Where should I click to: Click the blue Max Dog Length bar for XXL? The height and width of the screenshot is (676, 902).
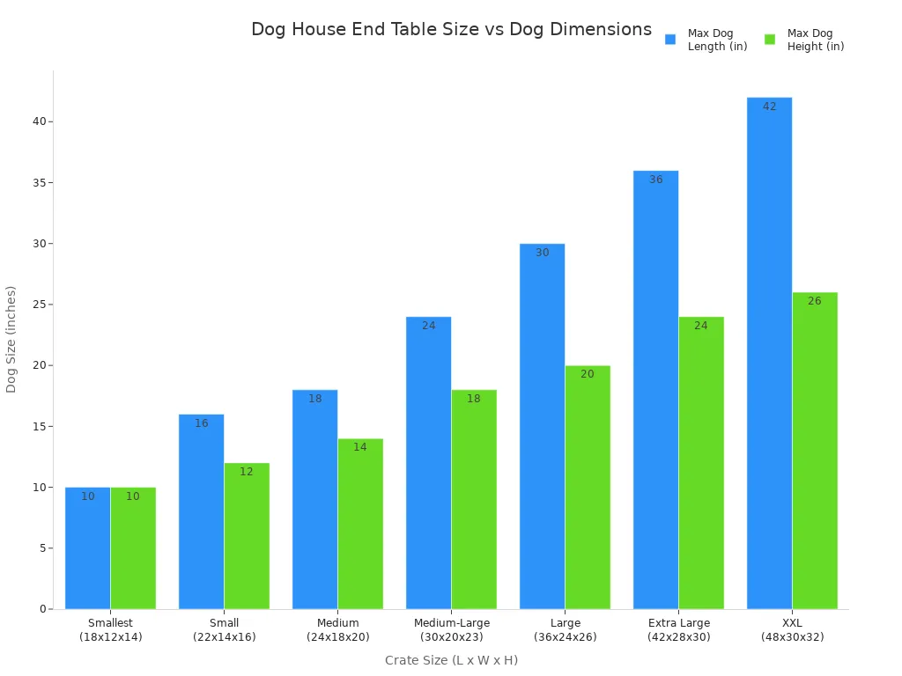coord(769,352)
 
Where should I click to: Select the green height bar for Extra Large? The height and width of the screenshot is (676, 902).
coord(701,462)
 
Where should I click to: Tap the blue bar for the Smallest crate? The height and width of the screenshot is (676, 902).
coord(87,547)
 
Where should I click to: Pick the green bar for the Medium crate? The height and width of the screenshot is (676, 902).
coord(360,524)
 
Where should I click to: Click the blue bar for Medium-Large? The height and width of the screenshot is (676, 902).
coord(428,462)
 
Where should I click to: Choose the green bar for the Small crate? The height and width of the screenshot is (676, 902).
coord(247,535)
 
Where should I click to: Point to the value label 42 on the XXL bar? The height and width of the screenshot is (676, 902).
coord(770,107)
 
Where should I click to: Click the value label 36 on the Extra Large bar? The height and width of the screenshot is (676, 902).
coord(656,180)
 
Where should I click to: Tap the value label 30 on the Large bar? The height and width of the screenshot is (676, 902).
coord(543,253)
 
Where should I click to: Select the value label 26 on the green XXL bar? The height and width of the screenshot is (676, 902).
coord(815,301)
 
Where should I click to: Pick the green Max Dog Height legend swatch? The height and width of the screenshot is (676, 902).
coord(770,40)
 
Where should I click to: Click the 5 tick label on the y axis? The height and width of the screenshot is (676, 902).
coord(41,548)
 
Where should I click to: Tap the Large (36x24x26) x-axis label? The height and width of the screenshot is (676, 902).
coord(565,630)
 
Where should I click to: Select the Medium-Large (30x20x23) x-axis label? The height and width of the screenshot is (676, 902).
coord(451,630)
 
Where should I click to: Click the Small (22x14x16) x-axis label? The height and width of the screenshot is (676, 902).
coord(224,630)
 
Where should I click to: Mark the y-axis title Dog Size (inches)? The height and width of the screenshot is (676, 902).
coord(11,339)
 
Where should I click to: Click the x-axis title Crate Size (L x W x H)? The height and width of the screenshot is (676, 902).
coord(451,660)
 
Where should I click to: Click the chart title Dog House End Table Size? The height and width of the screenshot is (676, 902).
coord(451,30)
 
